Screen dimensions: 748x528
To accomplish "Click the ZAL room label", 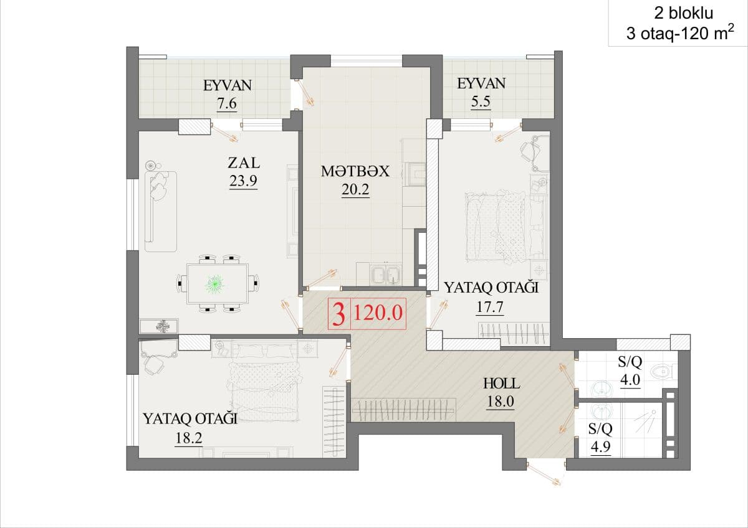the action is (244, 163).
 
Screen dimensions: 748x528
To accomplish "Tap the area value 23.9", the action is (243, 181).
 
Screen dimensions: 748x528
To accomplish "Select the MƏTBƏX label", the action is (355, 171).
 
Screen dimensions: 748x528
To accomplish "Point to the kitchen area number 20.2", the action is (355, 189).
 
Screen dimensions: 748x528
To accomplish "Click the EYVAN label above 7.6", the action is (228, 85).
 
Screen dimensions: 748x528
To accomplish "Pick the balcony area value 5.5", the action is (481, 101).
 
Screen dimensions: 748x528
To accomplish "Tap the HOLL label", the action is (502, 384).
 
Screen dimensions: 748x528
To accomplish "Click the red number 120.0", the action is (378, 313).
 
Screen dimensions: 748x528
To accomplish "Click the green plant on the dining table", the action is (214, 285).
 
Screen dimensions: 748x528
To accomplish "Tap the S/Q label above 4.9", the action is (600, 428).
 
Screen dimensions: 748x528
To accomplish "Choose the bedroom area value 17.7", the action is (490, 307).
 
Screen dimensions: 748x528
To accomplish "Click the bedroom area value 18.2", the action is (189, 438).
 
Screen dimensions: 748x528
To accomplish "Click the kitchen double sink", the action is (385, 275).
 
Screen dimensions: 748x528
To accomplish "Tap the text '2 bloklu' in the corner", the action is (684, 13).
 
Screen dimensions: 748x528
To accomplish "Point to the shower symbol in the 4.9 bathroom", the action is (646, 422).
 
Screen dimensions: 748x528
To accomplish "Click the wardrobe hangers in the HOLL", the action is (403, 409).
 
